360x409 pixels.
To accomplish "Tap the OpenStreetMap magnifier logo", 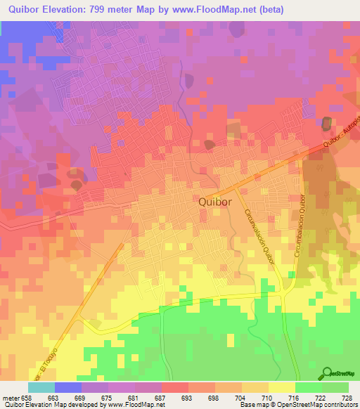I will pyautogui.click(x=326, y=373).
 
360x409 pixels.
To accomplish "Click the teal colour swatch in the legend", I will pyautogui.click(x=41, y=387).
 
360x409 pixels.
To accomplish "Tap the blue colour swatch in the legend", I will pyautogui.click(x=68, y=387).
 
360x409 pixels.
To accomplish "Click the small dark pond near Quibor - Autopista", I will pyautogui.click(x=327, y=124).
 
